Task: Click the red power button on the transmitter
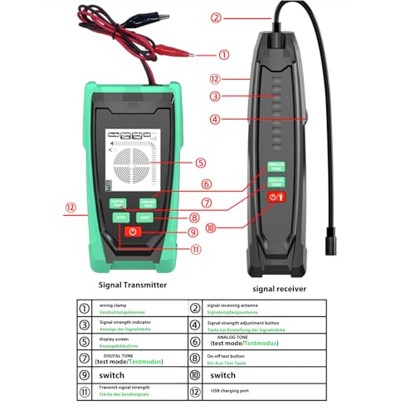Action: coord(132,232)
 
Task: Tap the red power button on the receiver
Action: coord(275,198)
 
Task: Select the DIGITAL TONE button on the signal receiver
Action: coord(275,181)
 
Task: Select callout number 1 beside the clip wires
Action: coord(222,56)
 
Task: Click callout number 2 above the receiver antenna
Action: coord(216,17)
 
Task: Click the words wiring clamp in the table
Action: coord(115,305)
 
